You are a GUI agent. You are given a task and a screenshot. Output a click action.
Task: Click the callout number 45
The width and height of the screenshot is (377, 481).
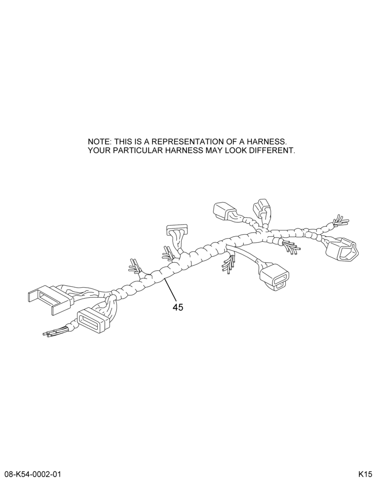click(178, 307)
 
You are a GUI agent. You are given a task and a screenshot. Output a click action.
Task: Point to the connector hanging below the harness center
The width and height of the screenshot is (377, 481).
click(274, 275)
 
